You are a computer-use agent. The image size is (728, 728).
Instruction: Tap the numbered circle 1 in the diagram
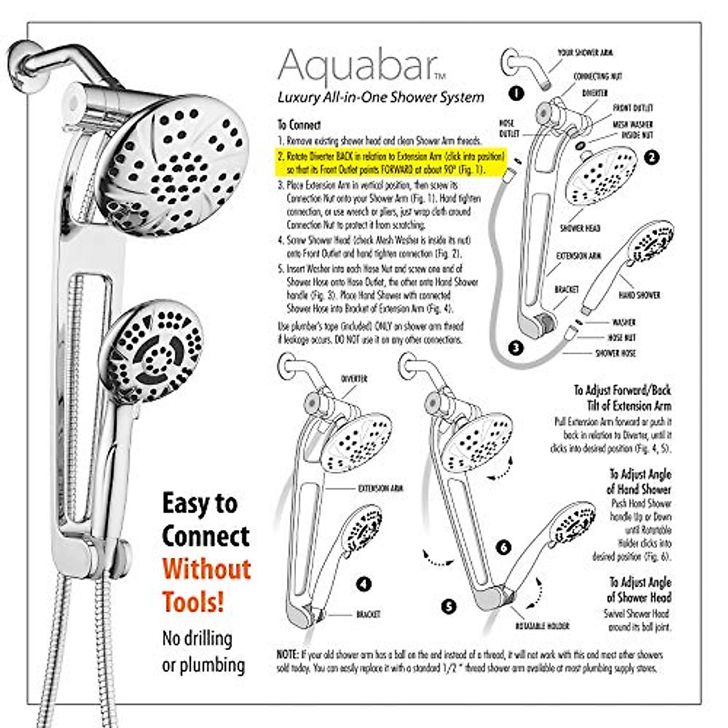click(516, 93)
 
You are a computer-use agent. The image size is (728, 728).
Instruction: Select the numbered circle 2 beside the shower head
click(652, 157)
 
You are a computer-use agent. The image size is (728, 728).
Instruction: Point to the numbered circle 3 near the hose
click(516, 348)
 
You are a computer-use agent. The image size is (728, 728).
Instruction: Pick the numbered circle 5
click(448, 606)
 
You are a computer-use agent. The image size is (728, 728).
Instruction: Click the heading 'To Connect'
click(299, 125)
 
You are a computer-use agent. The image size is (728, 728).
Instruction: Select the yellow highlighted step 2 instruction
click(391, 163)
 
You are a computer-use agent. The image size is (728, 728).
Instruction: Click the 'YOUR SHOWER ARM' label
click(585, 53)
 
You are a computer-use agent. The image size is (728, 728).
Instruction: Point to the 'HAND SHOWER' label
click(639, 295)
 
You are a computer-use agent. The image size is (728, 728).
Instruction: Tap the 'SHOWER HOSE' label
click(615, 352)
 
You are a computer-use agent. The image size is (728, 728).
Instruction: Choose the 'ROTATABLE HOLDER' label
click(542, 625)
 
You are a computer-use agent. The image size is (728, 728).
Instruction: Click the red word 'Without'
click(206, 569)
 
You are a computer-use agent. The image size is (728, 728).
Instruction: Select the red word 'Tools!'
click(193, 602)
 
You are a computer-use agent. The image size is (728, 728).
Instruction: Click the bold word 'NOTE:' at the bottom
click(287, 655)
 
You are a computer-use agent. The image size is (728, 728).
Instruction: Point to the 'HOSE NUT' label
click(621, 337)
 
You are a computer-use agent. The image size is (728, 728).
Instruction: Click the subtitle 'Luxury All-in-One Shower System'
click(380, 97)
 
